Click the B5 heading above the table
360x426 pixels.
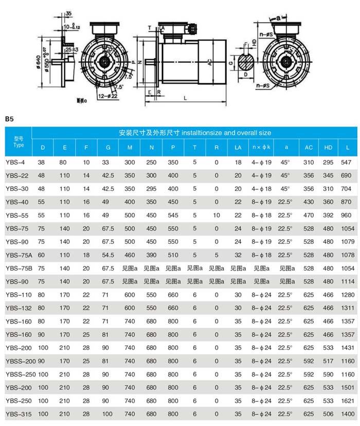click(x=9, y=119)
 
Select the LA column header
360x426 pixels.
click(x=238, y=148)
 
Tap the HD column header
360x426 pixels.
click(x=328, y=148)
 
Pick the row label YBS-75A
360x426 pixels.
click(x=19, y=255)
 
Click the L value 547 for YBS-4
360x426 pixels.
click(x=348, y=162)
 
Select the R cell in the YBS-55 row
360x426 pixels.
click(x=217, y=215)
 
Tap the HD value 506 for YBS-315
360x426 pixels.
click(x=328, y=414)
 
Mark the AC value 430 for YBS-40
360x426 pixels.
click(x=308, y=202)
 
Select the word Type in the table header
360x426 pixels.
click(x=19, y=145)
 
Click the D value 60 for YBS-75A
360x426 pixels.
click(x=42, y=255)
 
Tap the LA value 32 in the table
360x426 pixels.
click(x=238, y=255)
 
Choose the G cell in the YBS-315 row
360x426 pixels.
click(x=107, y=414)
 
